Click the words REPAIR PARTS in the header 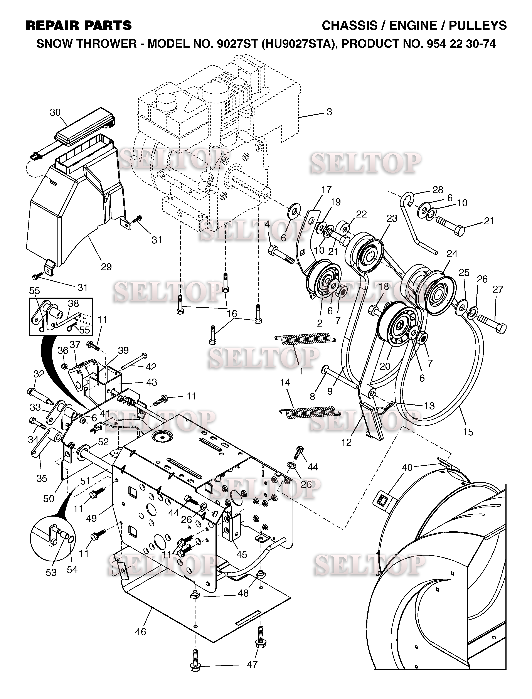(x=79, y=25)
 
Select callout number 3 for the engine (x=329, y=112)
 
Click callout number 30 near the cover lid (x=55, y=112)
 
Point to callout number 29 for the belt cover (x=106, y=267)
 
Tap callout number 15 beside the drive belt (x=468, y=432)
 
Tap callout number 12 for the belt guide (x=347, y=443)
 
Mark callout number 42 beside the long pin (x=151, y=367)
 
